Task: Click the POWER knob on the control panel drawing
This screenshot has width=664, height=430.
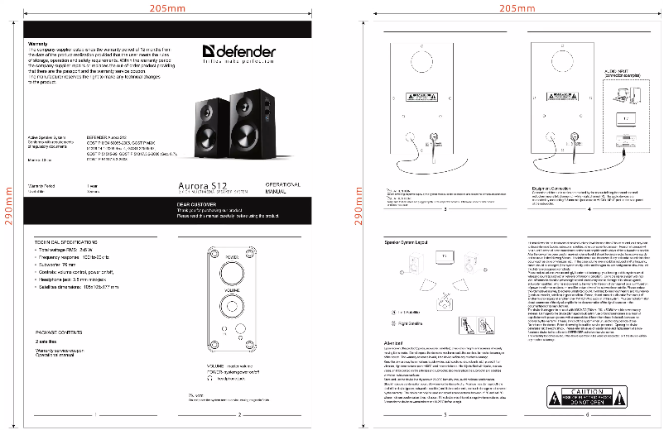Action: (x=233, y=271)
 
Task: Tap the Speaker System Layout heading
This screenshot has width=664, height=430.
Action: (x=406, y=241)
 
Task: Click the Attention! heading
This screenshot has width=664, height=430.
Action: (x=395, y=342)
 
